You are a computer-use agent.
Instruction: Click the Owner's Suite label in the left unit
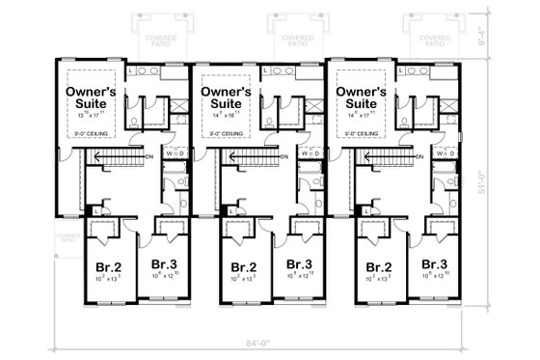click(91, 97)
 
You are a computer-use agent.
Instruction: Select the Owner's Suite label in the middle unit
click(226, 97)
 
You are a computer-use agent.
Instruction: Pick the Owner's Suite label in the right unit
click(361, 97)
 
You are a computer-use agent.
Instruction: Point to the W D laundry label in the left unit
click(174, 152)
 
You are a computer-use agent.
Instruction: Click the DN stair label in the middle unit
click(284, 157)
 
